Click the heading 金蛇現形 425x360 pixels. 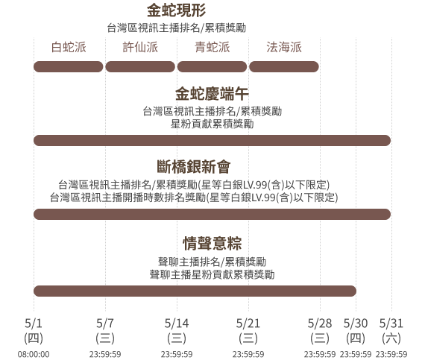[177, 10]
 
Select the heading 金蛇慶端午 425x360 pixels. [212, 94]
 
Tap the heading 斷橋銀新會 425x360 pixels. [194, 167]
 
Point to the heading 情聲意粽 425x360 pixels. [212, 243]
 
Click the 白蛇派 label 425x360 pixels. [69, 47]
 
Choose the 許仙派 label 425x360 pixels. [140, 47]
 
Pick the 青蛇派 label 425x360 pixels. [212, 47]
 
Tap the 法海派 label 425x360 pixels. [284, 47]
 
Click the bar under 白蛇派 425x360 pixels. [69, 66]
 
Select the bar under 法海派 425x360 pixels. [284, 66]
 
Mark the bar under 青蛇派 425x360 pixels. [212, 66]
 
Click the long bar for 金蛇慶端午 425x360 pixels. [212, 140]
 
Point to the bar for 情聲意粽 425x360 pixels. [195, 291]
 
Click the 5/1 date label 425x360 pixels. [34, 323]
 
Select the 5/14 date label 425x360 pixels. [177, 323]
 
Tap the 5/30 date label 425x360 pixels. [356, 323]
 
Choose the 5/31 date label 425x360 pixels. [391, 323]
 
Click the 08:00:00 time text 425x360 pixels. [34, 354]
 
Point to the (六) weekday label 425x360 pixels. [391, 338]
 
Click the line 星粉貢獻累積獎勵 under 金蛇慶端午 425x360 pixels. [212, 124]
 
